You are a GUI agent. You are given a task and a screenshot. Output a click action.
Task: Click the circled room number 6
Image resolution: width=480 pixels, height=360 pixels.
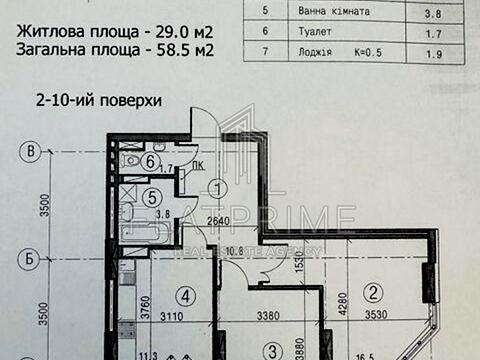click(149, 161)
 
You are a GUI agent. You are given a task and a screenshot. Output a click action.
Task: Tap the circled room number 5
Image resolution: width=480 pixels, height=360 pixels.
click(150, 197)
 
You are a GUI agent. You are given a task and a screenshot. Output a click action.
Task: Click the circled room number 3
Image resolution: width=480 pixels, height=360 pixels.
click(271, 351)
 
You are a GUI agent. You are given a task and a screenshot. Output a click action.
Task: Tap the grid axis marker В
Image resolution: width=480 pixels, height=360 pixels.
click(33, 152)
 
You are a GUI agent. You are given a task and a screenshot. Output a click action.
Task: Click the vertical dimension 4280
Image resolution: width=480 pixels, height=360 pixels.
click(339, 298)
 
